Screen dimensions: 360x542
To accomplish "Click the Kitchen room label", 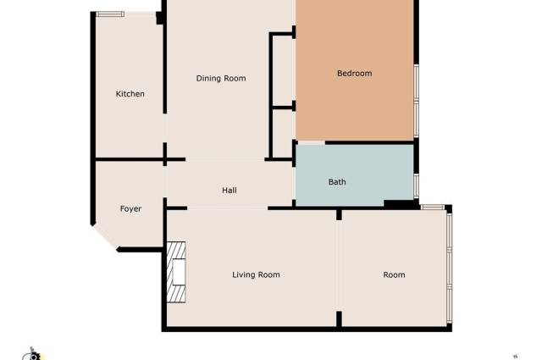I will [x=130, y=94].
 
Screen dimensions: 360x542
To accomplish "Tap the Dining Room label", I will [x=220, y=79].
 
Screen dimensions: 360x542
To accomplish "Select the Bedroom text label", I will [x=354, y=74].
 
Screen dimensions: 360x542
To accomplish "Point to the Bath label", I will [x=337, y=182].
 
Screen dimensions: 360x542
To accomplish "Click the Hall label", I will [x=229, y=191].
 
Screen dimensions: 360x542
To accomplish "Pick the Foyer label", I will [x=130, y=208].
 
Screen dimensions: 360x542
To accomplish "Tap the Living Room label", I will [x=256, y=274].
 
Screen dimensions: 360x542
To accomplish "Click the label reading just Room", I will [x=394, y=274].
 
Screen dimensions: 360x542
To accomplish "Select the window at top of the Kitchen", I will [x=110, y=14].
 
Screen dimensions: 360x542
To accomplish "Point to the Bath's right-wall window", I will [x=416, y=184].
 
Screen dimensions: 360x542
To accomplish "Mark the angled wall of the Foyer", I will [x=104, y=236].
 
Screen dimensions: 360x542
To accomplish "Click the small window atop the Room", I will [x=434, y=207].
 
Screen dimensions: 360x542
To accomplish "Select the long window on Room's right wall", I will [x=450, y=267].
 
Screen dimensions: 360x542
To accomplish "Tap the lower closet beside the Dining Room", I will [x=283, y=132].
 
